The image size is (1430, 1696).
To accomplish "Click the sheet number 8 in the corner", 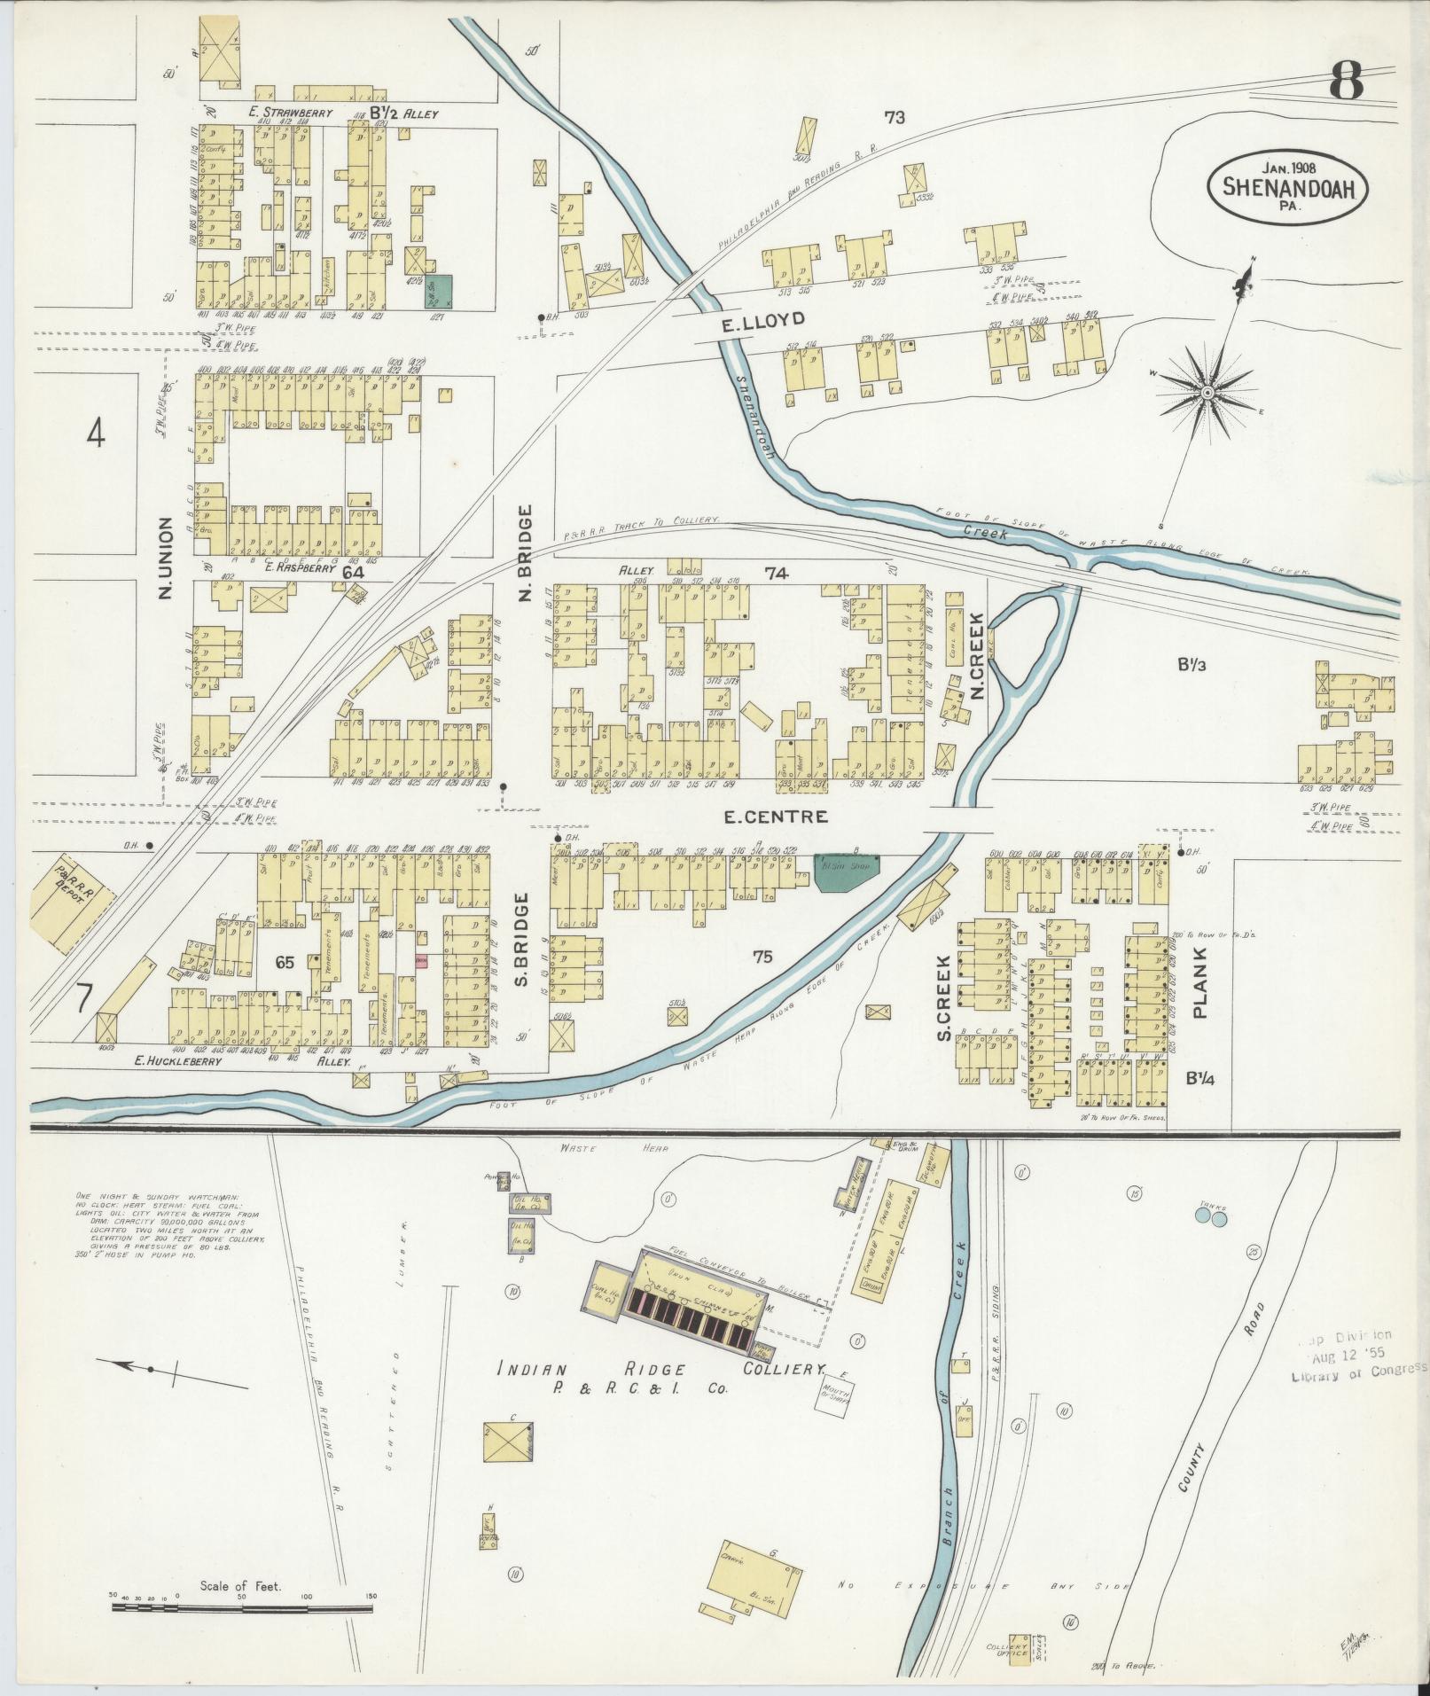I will (1346, 85).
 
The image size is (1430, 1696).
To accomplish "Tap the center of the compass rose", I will (1207, 391).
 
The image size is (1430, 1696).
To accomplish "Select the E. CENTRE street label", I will (776, 816).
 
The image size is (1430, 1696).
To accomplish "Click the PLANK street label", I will (1201, 981).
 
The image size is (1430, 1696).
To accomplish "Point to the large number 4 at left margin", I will (97, 434).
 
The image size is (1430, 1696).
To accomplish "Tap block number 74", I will (777, 574).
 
